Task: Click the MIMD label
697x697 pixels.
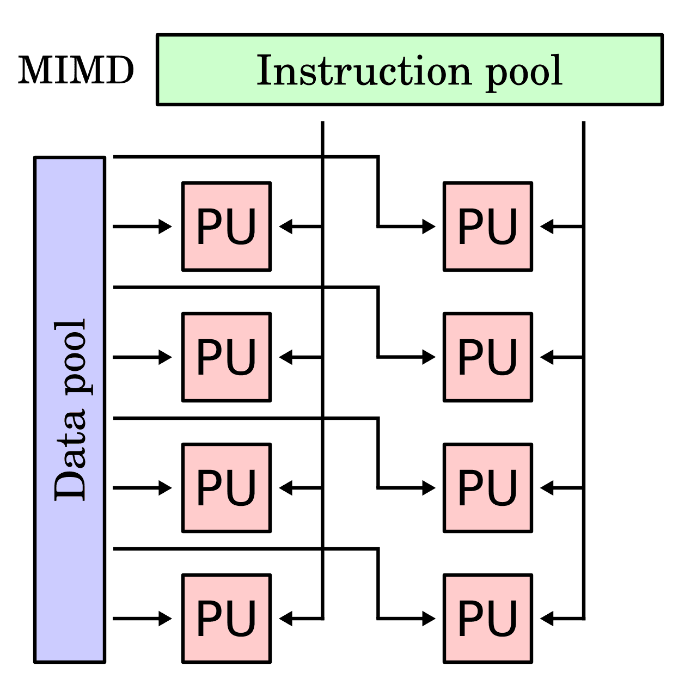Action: tap(76, 70)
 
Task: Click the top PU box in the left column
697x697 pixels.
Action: tap(227, 227)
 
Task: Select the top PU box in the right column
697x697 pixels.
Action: tap(488, 227)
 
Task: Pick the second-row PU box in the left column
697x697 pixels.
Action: tap(227, 357)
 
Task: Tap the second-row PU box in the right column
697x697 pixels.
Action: tap(488, 357)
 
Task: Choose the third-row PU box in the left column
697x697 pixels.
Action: tap(227, 488)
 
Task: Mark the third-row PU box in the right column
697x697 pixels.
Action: tap(488, 488)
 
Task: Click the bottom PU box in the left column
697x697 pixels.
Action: tap(227, 619)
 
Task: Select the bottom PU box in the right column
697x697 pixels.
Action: tap(488, 619)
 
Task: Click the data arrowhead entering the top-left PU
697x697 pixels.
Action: tap(165, 226)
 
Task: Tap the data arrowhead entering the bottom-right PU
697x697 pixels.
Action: tap(429, 619)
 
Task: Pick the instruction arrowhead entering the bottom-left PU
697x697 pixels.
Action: tap(286, 619)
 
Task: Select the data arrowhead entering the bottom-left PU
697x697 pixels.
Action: tap(165, 619)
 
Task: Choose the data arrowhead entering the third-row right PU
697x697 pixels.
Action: tap(429, 488)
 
